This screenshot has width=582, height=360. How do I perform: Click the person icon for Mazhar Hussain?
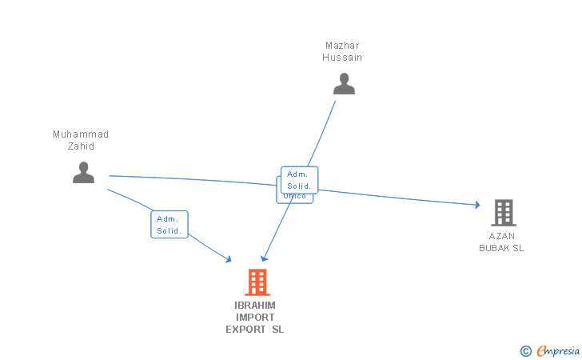[x=344, y=84]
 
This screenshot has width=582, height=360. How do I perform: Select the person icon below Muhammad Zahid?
[x=83, y=172]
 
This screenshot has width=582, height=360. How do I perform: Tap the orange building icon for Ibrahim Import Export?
[x=257, y=282]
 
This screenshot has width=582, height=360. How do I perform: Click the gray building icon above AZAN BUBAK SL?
[x=503, y=213]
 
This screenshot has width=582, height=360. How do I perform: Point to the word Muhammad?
[x=81, y=134]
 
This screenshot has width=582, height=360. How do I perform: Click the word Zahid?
[x=81, y=146]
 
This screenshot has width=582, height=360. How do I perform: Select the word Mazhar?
[x=342, y=46]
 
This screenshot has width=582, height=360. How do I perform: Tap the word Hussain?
[x=342, y=58]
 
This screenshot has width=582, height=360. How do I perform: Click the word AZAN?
[x=502, y=236]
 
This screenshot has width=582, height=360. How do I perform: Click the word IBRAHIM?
[x=255, y=306]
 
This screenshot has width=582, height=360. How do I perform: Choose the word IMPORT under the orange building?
[x=255, y=318]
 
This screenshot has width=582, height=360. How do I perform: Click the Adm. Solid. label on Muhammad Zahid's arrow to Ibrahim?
[x=169, y=225]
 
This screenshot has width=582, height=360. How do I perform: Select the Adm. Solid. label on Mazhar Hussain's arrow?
[x=300, y=180]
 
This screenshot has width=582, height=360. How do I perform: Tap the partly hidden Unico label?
[x=294, y=197]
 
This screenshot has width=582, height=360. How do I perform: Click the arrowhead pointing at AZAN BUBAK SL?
[x=477, y=205]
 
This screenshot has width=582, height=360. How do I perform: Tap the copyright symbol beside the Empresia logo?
[x=525, y=350]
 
